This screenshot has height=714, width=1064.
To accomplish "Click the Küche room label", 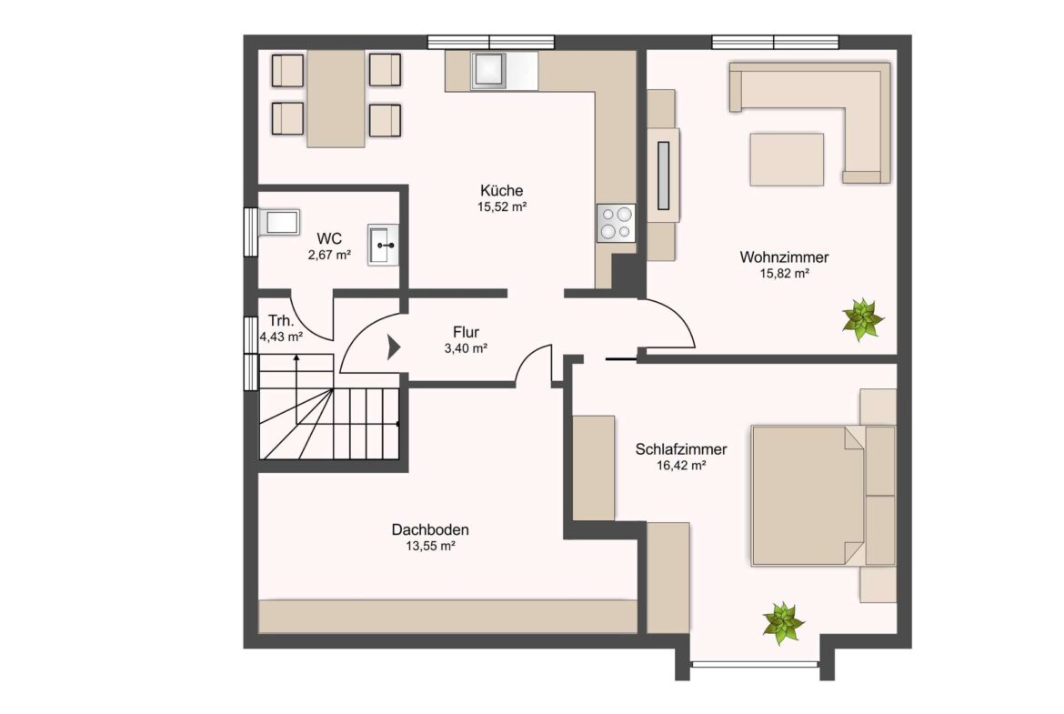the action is [x=501, y=191].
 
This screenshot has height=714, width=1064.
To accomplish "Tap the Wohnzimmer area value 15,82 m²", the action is [x=785, y=274].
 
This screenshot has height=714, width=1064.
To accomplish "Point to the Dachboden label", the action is [x=430, y=529].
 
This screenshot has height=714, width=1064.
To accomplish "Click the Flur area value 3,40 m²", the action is [x=467, y=349].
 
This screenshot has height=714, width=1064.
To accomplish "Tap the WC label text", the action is [x=329, y=239].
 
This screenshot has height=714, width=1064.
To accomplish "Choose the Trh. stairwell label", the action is [x=281, y=320].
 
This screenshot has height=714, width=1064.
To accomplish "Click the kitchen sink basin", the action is [x=487, y=70].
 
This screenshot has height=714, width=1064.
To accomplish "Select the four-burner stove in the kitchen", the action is [x=617, y=223].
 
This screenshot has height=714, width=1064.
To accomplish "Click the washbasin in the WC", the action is [x=384, y=245].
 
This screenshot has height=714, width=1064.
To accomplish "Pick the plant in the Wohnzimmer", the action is [x=862, y=318].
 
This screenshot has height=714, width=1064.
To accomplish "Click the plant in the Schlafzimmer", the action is [x=783, y=623].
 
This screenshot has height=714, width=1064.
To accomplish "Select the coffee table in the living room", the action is [x=787, y=159].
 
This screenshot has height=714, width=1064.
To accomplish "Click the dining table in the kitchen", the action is [x=336, y=99].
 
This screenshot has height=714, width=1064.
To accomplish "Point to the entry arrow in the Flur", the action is [x=394, y=347].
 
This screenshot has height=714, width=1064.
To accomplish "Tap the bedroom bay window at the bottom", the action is [x=755, y=664].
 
